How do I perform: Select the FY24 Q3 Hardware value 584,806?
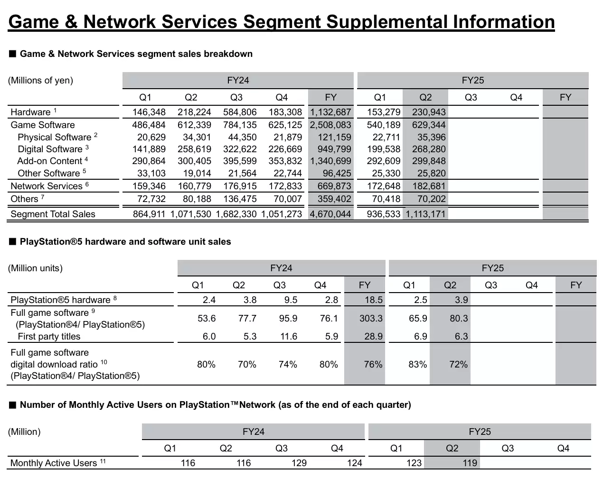click(240, 112)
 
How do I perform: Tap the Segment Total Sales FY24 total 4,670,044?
click(330, 214)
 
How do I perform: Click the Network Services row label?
click(47, 186)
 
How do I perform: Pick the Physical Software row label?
click(54, 138)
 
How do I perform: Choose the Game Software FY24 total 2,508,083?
click(330, 125)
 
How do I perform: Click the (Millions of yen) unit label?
click(40, 81)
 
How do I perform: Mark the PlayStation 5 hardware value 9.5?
click(291, 300)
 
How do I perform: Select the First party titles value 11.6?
click(289, 337)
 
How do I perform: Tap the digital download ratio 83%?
click(418, 365)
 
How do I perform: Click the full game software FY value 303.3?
click(371, 319)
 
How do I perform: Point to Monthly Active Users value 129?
click(299, 463)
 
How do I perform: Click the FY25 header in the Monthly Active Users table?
click(480, 432)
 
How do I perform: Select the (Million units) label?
click(35, 268)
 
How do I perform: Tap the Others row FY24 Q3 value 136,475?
click(240, 199)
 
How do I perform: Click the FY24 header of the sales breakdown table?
click(238, 81)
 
